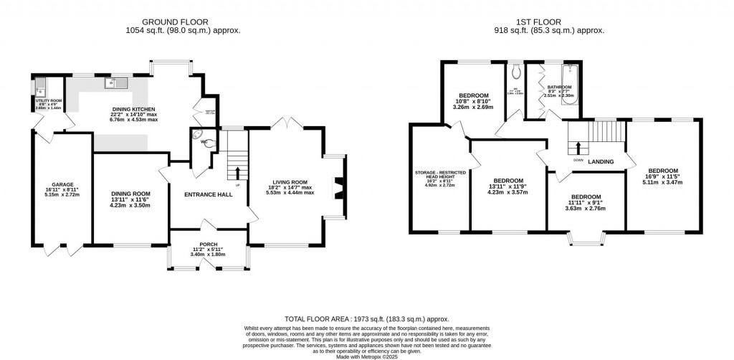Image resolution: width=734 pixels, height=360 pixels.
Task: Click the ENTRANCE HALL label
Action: coord(208,195)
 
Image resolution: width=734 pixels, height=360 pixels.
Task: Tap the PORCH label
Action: coord(209,245)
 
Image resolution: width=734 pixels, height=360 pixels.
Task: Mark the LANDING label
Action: coord(601,162)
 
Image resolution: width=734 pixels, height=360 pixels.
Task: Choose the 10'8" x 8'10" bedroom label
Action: coord(474,96)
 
